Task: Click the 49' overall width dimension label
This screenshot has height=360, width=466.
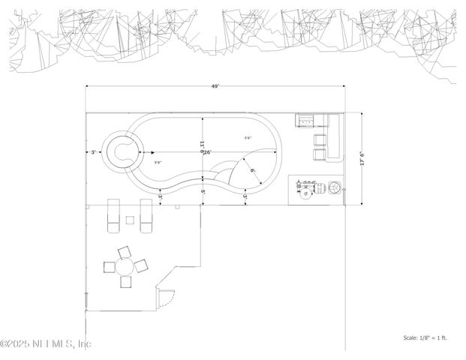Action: pyautogui.click(x=215, y=87)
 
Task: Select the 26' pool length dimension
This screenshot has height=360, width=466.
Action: pyautogui.click(x=206, y=152)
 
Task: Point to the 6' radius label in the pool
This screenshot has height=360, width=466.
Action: pyautogui.click(x=253, y=171)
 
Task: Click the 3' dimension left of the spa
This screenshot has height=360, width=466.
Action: pyautogui.click(x=93, y=152)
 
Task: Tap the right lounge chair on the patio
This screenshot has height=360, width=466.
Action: pyautogui.click(x=147, y=217)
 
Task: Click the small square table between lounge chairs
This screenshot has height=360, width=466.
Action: pyautogui.click(x=129, y=220)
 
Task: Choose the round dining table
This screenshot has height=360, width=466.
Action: pyautogui.click(x=125, y=265)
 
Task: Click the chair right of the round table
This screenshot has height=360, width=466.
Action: pyautogui.click(x=142, y=265)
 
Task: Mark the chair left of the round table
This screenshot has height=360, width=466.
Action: pyautogui.click(x=108, y=265)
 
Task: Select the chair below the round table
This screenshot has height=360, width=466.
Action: pyautogui.click(x=125, y=282)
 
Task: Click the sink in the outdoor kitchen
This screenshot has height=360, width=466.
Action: pyautogui.click(x=307, y=120)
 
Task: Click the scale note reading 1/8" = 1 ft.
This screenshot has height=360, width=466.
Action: pyautogui.click(x=425, y=338)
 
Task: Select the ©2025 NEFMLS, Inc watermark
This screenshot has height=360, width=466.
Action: pyautogui.click(x=47, y=343)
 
